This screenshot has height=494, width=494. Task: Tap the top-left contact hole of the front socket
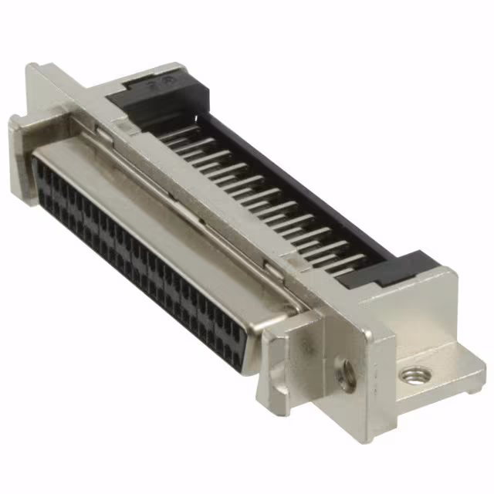[42, 171]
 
